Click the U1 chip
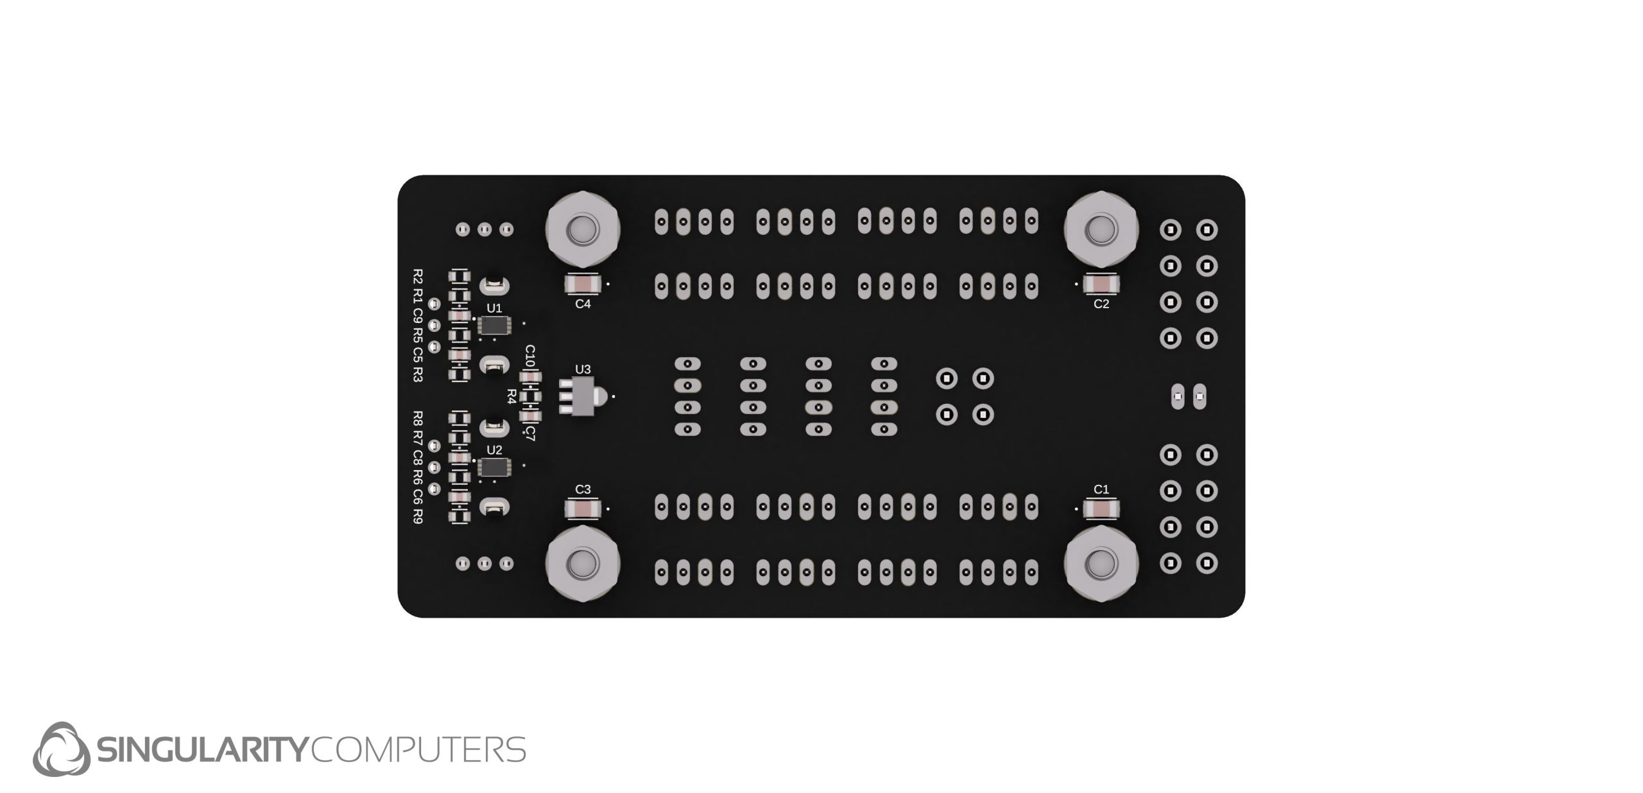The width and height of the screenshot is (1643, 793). click(494, 326)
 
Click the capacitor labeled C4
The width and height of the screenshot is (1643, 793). click(583, 283)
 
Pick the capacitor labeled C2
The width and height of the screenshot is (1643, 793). click(1101, 283)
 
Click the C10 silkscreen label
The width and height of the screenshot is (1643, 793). click(530, 356)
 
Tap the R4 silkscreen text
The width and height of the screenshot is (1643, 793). click(512, 396)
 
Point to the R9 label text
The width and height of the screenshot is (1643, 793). click(418, 516)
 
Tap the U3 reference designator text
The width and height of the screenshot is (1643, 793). click(583, 369)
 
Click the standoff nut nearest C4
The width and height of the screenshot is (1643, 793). click(583, 229)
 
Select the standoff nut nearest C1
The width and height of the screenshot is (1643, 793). click(1101, 564)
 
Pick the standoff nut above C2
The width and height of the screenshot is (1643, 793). click(1101, 229)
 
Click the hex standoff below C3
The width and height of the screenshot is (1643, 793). click(583, 564)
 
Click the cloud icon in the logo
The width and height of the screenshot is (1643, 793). click(61, 749)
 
